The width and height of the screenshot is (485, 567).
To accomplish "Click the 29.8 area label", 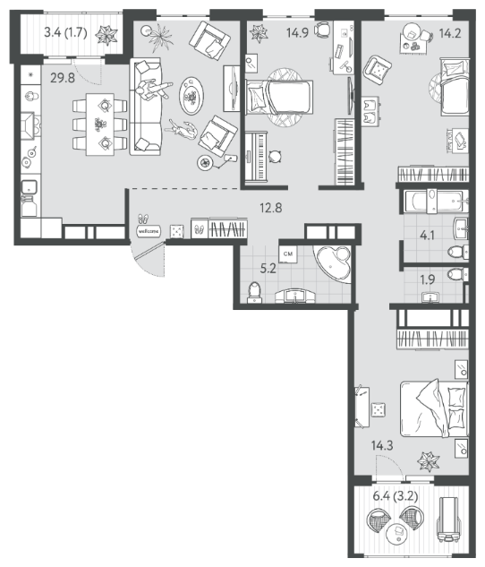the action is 63,78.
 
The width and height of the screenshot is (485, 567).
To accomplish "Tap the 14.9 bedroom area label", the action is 297,33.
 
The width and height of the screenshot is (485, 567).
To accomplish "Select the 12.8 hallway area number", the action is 271,208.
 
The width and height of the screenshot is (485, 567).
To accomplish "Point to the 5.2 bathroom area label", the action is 268,269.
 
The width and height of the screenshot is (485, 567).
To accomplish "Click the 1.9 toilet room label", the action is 427,279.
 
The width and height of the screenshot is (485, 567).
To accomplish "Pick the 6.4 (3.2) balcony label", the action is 396,496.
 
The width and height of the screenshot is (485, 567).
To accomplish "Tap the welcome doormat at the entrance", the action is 149,231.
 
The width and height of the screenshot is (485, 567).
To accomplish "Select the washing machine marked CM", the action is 288,253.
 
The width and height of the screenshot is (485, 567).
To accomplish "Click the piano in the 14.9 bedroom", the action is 256,156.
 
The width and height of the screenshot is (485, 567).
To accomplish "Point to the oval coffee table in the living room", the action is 191,96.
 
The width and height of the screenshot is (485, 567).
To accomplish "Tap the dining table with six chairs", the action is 100,125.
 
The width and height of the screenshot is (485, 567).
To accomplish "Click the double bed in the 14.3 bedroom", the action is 434,408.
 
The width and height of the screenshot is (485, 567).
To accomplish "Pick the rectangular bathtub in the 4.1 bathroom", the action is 437,201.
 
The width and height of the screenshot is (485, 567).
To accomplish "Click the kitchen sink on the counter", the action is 29,186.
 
